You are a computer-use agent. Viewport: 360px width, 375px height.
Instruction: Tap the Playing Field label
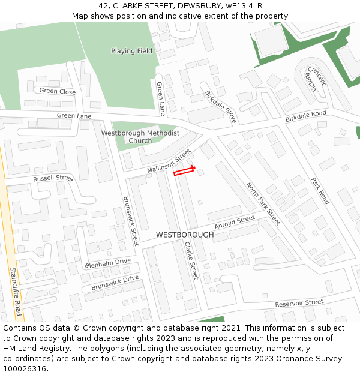[x=131, y=51]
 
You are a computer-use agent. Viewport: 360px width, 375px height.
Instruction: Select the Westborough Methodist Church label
[x=140, y=137]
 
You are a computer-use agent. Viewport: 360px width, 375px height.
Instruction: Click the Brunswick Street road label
[x=131, y=220]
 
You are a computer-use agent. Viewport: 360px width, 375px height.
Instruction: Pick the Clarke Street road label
[x=191, y=260]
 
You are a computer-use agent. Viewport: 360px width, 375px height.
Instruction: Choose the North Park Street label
[x=263, y=203]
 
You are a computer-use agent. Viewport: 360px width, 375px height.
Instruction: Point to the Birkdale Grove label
[x=221, y=107]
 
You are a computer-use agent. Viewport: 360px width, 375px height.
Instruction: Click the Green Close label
[x=58, y=92]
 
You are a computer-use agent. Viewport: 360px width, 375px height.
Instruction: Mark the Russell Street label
[x=53, y=178]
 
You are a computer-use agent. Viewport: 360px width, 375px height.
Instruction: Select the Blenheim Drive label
[x=107, y=263]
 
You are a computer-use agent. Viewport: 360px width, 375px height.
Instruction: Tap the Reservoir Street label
[x=299, y=303]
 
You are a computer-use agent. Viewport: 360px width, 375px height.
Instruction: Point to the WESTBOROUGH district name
[x=184, y=235]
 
